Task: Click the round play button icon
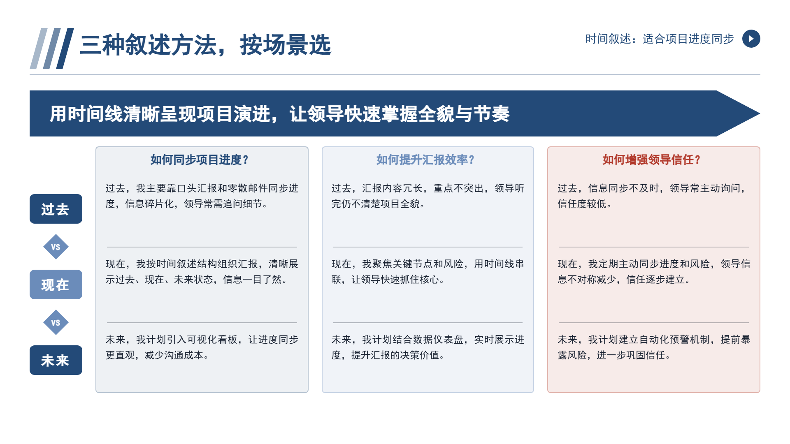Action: (751, 39)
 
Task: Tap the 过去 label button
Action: (56, 209)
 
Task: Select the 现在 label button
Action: (56, 284)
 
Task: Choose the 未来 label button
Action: (56, 360)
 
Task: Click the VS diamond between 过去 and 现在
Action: (56, 247)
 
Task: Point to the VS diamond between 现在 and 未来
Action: (56, 322)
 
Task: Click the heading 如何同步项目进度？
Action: (200, 160)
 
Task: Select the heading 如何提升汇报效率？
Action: (425, 160)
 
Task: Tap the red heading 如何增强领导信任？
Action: (652, 160)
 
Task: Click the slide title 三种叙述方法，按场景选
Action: (205, 45)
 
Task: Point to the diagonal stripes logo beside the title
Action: (52, 49)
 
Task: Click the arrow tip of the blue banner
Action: (760, 113)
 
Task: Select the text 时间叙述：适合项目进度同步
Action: (660, 39)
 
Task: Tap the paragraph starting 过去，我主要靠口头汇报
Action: (202, 196)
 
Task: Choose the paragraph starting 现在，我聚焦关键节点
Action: (428, 271)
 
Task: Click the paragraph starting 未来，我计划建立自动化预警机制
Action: (654, 347)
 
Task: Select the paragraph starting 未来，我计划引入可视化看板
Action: (202, 347)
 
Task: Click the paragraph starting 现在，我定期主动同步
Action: (654, 271)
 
